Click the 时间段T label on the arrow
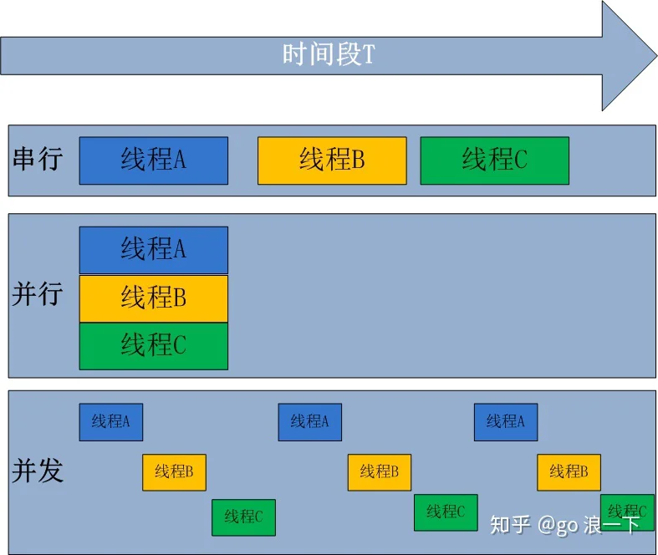pyautogui.click(x=328, y=56)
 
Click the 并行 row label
pyautogui.click(x=38, y=294)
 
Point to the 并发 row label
pyautogui.click(x=38, y=471)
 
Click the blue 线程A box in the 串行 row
pyautogui.click(x=153, y=160)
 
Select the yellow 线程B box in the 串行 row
pyautogui.click(x=332, y=160)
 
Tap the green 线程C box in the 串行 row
pyautogui.click(x=494, y=160)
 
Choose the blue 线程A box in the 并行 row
pyautogui.click(x=153, y=249)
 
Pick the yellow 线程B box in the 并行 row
pyautogui.click(x=153, y=298)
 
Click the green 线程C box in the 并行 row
pyautogui.click(x=153, y=345)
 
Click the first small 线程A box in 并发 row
pyautogui.click(x=111, y=422)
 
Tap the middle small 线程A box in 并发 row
pyautogui.click(x=309, y=422)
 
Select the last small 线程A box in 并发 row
pyautogui.click(x=505, y=422)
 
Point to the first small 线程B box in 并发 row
pyautogui.click(x=174, y=472)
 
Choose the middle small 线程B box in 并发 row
pyautogui.click(x=380, y=472)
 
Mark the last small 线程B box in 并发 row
pyautogui.click(x=569, y=472)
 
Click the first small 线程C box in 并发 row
pyautogui.click(x=243, y=517)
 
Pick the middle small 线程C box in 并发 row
pyautogui.click(x=446, y=512)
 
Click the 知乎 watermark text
pyautogui.click(x=510, y=524)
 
